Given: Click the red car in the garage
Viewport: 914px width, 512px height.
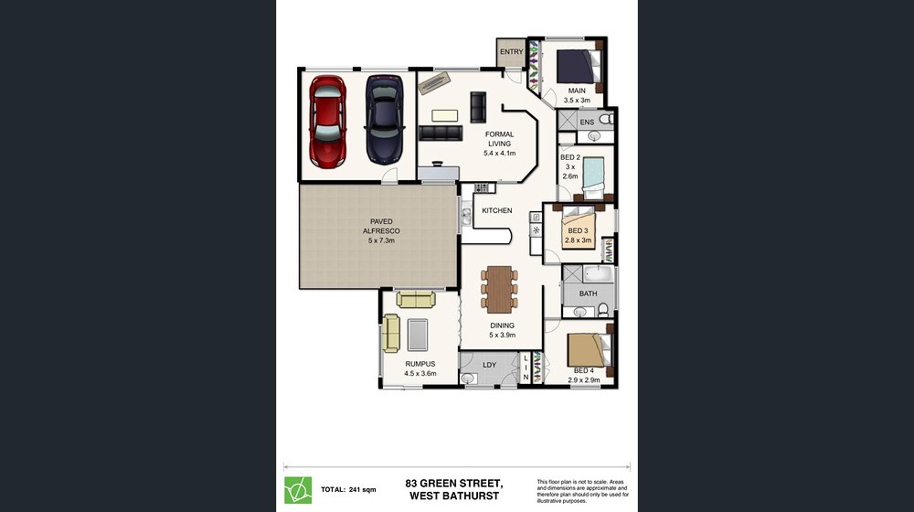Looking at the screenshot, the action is [327, 122].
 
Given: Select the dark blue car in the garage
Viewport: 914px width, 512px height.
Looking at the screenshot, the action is [384, 120].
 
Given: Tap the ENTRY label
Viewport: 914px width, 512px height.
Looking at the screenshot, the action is [512, 52].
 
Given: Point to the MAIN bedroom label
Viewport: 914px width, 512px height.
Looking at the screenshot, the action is [577, 91].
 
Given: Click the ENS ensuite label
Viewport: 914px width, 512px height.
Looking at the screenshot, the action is [587, 122].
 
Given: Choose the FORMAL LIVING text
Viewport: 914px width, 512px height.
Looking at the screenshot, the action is [500, 139].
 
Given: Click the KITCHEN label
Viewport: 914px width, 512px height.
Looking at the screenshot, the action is [497, 210].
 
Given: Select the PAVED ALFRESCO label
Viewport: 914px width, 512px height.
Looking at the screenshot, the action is [381, 226].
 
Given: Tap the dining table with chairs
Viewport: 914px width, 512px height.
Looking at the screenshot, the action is [500, 289].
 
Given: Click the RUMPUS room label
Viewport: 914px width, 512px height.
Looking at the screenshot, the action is [420, 364].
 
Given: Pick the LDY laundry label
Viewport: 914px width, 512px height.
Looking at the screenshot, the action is [490, 365].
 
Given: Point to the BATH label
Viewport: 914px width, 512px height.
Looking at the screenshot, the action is [588, 293].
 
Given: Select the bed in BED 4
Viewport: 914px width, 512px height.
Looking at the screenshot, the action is [590, 350].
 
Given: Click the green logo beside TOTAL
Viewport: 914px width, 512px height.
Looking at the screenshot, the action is [298, 490].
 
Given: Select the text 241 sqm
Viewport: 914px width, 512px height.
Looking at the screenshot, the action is [363, 490].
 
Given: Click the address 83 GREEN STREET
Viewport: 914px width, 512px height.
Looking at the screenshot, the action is [454, 484].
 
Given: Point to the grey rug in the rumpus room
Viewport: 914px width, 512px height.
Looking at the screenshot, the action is [418, 336].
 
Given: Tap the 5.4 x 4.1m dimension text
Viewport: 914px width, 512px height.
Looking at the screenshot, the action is [500, 154].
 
